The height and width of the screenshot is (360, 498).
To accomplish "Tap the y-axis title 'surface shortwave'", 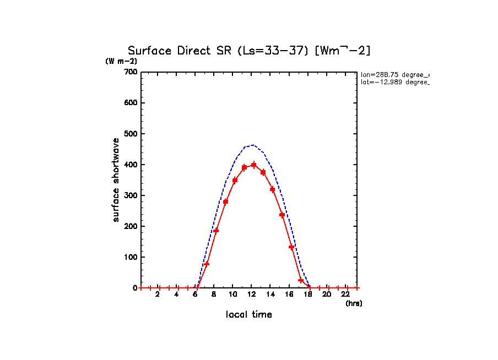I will click(116, 180).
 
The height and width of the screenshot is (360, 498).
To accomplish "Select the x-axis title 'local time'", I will click(249, 315).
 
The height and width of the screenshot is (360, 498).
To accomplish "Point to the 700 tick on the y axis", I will click(131, 72).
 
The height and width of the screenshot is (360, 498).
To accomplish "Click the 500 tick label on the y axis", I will click(131, 134).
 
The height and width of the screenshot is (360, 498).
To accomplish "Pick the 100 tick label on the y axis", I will click(131, 257).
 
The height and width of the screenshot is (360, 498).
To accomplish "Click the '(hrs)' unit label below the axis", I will click(354, 303).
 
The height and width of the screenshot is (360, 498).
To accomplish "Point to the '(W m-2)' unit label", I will click(121, 61).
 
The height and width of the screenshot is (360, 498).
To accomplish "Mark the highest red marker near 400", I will click(253, 165).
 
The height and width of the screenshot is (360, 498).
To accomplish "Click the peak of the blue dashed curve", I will click(253, 145).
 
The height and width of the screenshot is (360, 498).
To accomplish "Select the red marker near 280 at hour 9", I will click(225, 201).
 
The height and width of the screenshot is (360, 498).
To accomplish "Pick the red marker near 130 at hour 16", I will click(291, 247).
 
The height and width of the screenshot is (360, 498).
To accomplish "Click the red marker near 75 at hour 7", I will click(207, 264).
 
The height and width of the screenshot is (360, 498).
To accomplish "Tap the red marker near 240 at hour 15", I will click(282, 215).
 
